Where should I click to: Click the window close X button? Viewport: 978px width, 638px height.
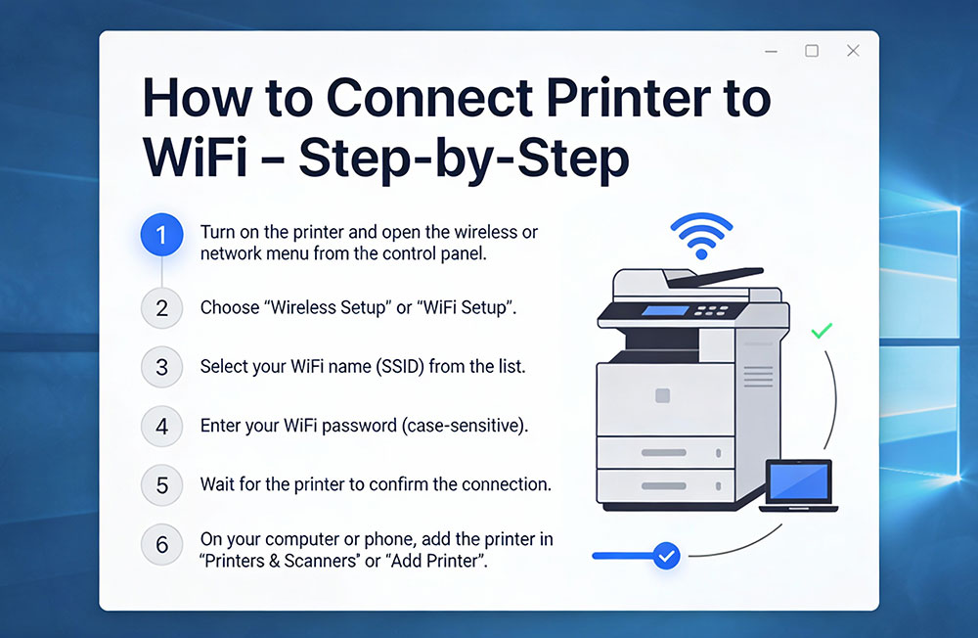coord(853,51)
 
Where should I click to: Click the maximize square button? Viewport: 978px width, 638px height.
coord(812,51)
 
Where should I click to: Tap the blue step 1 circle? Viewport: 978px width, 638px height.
coord(161,235)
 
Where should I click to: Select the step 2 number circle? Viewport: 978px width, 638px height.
coord(161,308)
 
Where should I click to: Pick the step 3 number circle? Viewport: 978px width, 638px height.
coord(161,367)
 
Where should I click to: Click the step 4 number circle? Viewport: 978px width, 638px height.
coord(161,427)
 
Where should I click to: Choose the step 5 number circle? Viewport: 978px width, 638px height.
coord(161,485)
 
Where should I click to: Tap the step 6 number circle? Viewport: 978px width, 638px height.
coord(161,544)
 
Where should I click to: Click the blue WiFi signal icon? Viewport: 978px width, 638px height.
coord(701,236)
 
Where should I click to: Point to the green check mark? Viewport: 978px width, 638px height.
coord(822,330)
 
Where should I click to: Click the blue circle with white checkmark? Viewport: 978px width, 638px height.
coord(666,556)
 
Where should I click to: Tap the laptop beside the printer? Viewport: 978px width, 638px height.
coord(798,485)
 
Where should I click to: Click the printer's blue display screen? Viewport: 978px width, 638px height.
coord(665,311)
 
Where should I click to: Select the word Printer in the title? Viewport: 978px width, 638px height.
coord(629,98)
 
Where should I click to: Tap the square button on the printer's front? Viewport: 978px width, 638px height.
coord(662,395)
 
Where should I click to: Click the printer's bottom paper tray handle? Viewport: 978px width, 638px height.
coord(664,485)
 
